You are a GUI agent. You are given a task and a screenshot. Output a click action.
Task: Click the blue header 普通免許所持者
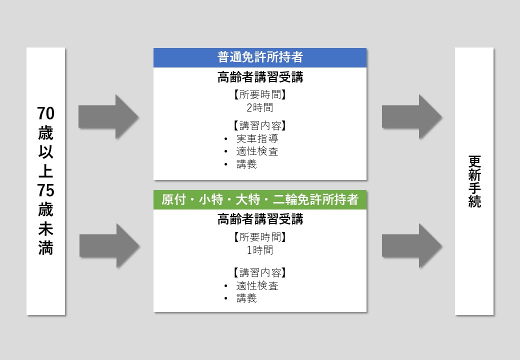point(260,57)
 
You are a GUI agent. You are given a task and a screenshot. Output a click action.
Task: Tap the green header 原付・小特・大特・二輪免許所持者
point(260,200)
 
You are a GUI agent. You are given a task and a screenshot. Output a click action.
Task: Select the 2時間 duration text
point(260,107)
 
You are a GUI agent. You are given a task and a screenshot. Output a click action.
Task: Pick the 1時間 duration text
point(260,250)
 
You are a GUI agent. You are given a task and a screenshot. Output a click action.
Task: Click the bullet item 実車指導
point(257,138)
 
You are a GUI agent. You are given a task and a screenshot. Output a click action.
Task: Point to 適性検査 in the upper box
point(257,151)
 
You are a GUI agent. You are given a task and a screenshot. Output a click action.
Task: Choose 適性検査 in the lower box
point(257,285)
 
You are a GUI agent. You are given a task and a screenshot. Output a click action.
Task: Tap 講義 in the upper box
point(246,164)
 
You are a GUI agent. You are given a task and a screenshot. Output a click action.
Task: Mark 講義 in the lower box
point(246,298)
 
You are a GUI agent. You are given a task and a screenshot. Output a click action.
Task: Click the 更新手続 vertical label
point(474,181)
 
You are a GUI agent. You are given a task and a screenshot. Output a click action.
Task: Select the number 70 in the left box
point(46,114)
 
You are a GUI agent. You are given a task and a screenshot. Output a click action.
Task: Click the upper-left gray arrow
point(108,117)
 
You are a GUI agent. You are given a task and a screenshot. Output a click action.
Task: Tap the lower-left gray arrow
point(109,245)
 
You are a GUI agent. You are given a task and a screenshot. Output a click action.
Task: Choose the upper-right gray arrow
point(412,117)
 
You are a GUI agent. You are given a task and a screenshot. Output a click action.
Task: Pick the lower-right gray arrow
point(412,245)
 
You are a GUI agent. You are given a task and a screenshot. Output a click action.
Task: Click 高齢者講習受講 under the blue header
point(260,77)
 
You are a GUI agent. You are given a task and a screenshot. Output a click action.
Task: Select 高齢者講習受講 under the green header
point(260,219)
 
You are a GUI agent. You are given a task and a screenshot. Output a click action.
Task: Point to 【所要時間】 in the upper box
point(260,95)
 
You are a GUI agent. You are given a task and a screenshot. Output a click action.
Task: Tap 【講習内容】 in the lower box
point(260,273)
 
